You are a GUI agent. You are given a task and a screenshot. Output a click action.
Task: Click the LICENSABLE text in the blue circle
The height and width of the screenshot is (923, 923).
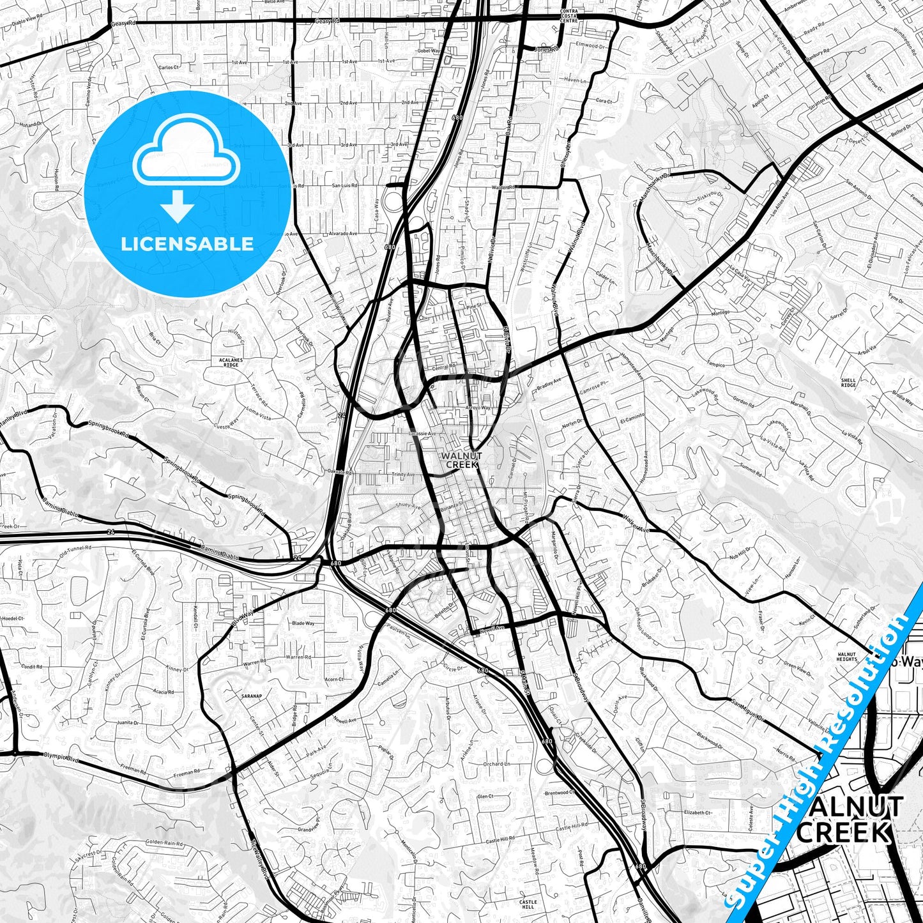tap(187, 243)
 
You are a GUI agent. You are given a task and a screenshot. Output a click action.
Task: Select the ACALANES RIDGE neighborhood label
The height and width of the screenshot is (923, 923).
tap(230, 362)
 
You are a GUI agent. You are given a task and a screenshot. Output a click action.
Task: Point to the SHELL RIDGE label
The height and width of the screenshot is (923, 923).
tap(848, 383)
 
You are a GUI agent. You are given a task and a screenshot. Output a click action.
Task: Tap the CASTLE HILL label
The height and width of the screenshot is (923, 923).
tap(528, 904)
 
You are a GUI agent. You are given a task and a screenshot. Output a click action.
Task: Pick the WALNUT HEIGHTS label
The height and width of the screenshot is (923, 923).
tap(847, 657)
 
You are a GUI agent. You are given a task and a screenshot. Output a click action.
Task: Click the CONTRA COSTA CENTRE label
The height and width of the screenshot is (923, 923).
tap(568, 16)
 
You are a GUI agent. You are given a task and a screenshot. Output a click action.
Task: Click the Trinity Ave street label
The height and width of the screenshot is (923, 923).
tap(403, 475)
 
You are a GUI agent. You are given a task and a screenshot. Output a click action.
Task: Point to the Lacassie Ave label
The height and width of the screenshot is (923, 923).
tap(422, 434)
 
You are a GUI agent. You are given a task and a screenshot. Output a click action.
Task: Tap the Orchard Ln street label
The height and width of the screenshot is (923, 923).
tap(496, 764)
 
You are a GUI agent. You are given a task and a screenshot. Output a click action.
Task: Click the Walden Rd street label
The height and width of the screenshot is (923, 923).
tap(503, 187)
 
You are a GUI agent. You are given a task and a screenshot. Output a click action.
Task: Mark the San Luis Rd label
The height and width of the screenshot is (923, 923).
tap(344, 186)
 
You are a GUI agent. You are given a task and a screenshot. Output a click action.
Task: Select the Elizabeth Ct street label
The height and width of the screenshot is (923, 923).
tap(698, 813)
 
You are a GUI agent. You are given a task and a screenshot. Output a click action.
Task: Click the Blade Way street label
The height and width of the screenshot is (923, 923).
tap(303, 623)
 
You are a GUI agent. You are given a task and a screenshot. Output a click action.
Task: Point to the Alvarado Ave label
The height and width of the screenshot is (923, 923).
tap(344, 234)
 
